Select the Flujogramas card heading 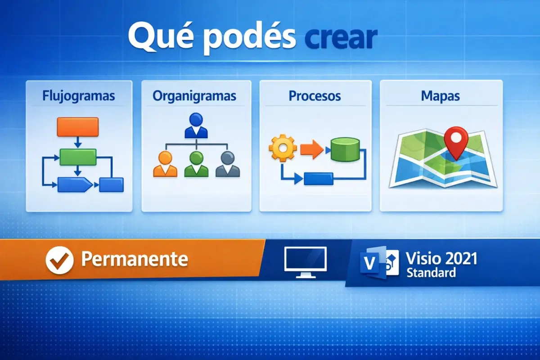[78, 96]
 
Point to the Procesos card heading [315, 96]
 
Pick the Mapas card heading [441, 96]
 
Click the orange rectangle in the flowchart [77, 126]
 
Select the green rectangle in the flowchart [78, 157]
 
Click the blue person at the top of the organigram [196, 126]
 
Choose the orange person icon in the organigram [165, 164]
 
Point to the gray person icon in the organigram [228, 164]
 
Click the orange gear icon [282, 148]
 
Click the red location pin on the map [456, 141]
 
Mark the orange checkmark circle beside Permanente [59, 260]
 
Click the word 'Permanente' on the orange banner [134, 259]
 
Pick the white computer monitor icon [306, 261]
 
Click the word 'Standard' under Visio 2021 [431, 272]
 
